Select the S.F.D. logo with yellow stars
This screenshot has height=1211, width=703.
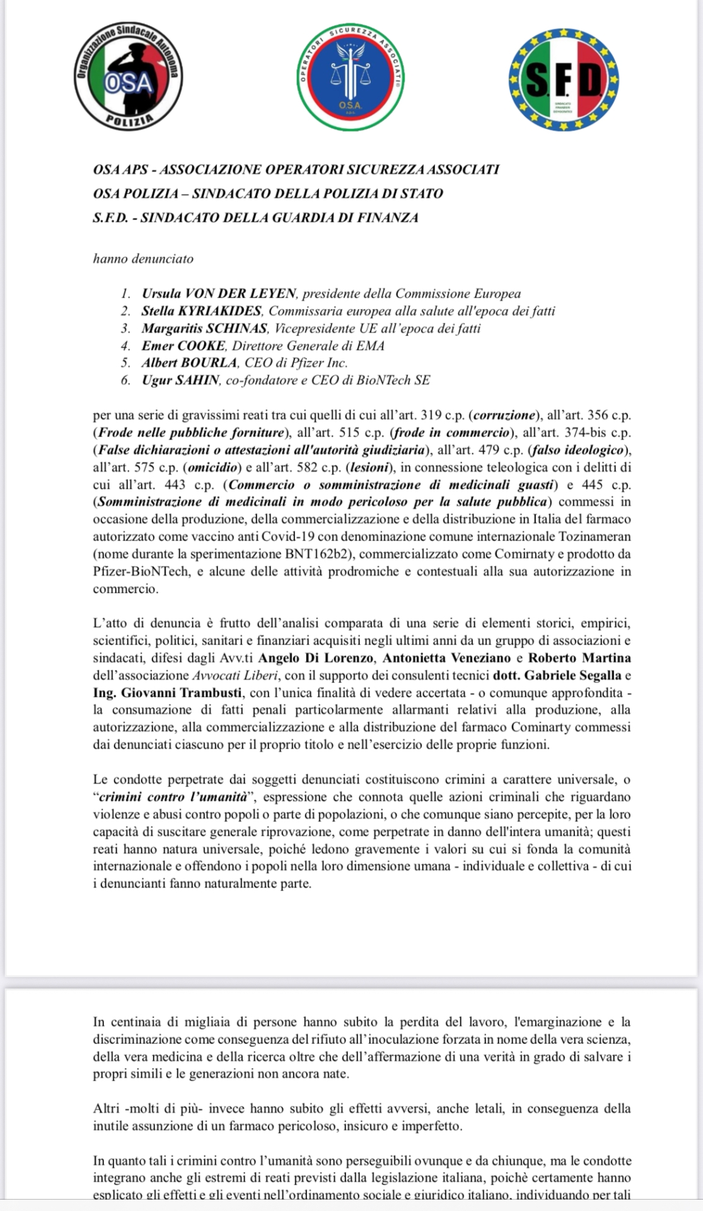point(564,79)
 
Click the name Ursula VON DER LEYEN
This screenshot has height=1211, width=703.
point(219,293)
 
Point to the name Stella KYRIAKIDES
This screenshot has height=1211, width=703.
point(201,311)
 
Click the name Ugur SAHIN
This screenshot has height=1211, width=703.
point(180,380)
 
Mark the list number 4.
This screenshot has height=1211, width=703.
point(125,346)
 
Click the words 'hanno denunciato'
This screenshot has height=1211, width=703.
point(143,259)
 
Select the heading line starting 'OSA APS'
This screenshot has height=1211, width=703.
point(296,170)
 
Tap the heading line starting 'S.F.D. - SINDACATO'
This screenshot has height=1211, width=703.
point(255,218)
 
